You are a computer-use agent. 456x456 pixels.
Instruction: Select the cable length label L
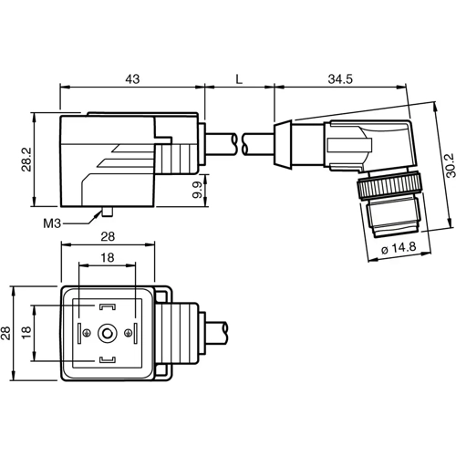coord(239,79)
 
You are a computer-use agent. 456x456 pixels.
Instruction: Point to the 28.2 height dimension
coord(26,161)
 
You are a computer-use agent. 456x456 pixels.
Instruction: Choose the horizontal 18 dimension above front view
coord(109,260)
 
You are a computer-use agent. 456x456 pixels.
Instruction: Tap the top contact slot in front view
coord(109,307)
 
